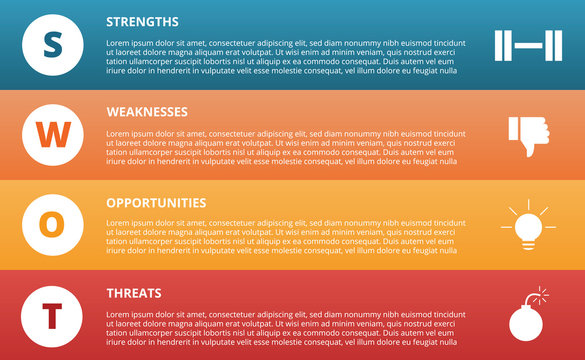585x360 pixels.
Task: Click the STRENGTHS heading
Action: pos(142,21)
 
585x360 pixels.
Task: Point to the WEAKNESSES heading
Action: pos(146,111)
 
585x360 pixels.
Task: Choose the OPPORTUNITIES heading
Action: pos(156,202)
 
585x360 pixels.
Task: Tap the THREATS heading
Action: pos(134,292)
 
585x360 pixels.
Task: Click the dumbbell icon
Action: pos(528,45)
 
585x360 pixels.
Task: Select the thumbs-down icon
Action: pos(528,135)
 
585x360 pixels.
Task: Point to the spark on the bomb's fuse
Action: pos(543,293)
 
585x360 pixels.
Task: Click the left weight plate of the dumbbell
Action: pos(504,45)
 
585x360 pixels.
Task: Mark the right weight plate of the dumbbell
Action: pos(552,45)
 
